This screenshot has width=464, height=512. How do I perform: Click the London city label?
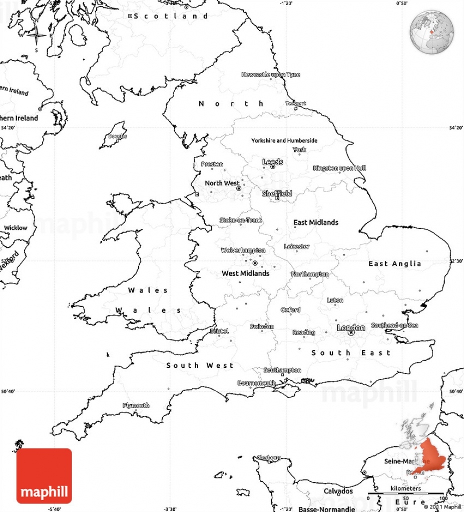tap(350, 327)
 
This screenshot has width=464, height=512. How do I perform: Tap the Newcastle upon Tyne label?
tap(271, 74)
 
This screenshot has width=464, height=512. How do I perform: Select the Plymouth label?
tap(136, 405)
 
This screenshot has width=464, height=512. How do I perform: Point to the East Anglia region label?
tap(395, 263)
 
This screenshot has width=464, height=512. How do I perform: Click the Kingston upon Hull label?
tap(339, 168)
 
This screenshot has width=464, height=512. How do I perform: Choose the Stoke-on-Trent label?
tap(241, 220)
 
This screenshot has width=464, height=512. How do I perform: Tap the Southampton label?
tap(282, 370)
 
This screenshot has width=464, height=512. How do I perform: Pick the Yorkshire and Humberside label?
tap(284, 140)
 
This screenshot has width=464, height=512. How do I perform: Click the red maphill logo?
tap(44, 475)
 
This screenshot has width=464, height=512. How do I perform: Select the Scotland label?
tap(171, 16)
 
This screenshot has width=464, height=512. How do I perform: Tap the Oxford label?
tap(291, 310)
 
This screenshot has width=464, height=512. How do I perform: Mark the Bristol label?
tap(219, 331)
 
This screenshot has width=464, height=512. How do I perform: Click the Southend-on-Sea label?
tap(394, 325)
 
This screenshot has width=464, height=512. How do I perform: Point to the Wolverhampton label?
tap(243, 250)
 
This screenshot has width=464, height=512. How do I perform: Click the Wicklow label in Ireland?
tap(16, 228)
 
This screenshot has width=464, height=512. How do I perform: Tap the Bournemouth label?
tap(256, 383)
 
